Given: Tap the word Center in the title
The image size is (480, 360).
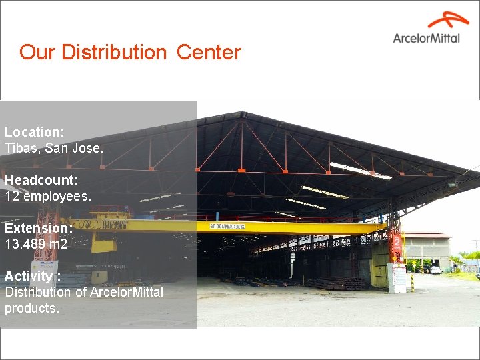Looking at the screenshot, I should [x=209, y=52].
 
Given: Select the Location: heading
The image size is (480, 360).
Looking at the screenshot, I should [x=35, y=132].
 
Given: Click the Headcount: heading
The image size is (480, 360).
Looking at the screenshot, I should [x=41, y=180].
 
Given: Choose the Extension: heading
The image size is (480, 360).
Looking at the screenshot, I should [x=39, y=228].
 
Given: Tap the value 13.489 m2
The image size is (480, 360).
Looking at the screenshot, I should [x=36, y=244].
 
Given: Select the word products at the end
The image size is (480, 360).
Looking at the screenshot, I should [x=32, y=308].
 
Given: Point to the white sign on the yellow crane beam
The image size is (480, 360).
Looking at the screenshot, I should [x=227, y=227].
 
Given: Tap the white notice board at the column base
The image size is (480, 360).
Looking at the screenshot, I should [x=399, y=279].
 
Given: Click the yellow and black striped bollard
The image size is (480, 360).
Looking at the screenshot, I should [x=412, y=281].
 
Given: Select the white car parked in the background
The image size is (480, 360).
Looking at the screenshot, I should [x=435, y=269].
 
